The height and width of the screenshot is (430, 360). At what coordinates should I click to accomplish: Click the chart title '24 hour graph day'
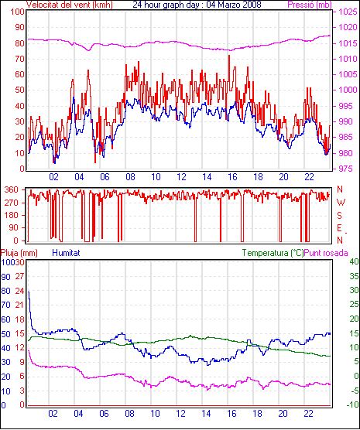(166, 5)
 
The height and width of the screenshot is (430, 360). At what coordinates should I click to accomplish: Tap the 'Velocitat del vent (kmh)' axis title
(70, 5)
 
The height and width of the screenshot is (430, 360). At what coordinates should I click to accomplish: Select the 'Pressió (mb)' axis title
(310, 5)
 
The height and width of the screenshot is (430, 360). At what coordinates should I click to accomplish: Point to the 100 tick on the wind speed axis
(18, 12)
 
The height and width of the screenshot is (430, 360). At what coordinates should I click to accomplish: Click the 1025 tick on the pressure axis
(348, 12)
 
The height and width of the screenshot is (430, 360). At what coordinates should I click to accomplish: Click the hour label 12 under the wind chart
(181, 177)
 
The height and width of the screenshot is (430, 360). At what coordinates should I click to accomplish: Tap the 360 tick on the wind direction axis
(11, 189)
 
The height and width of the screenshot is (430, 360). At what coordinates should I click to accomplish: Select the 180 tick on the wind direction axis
(11, 216)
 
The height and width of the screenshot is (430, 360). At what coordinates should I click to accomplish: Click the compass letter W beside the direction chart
(341, 203)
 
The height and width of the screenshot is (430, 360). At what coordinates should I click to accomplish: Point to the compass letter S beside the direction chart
(339, 216)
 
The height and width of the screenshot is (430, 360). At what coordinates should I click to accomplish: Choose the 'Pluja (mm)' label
(19, 253)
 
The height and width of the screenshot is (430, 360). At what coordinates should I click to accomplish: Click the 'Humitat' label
(66, 253)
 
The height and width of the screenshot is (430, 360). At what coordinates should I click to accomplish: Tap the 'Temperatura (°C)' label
(273, 253)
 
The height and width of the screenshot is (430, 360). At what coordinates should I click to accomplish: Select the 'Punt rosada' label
(326, 253)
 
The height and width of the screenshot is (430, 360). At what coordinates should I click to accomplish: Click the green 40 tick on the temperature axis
(355, 261)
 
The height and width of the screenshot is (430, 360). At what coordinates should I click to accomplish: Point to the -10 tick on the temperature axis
(353, 404)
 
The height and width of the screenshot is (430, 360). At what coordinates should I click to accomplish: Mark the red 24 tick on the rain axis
(19, 291)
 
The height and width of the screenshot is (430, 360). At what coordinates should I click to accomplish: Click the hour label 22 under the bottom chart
(308, 413)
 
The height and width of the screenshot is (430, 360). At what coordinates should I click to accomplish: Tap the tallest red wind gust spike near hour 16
(229, 56)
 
